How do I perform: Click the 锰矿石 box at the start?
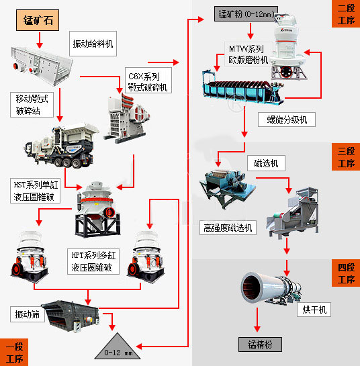(x=38, y=20)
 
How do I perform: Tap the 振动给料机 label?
(x=93, y=44)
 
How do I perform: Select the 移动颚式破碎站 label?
(x=32, y=105)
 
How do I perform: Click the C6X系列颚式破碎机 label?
(x=148, y=81)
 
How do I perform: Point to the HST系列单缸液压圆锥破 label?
(x=35, y=191)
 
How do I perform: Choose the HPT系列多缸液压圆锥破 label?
(x=93, y=261)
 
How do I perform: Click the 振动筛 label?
(x=28, y=314)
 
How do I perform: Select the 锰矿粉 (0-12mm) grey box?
(x=246, y=14)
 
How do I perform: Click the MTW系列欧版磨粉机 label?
(x=249, y=54)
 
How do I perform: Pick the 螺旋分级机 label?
(x=287, y=120)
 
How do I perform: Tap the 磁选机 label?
(x=266, y=163)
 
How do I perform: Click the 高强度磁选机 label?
(x=228, y=228)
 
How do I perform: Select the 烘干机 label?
(x=314, y=310)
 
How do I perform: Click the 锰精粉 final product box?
(x=260, y=345)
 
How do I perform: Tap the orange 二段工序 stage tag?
(x=346, y=14)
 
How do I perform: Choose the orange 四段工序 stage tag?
(x=346, y=273)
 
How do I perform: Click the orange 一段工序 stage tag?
(x=14, y=352)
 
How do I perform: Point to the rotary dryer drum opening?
(x=252, y=287)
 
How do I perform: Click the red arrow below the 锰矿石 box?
(x=40, y=40)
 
